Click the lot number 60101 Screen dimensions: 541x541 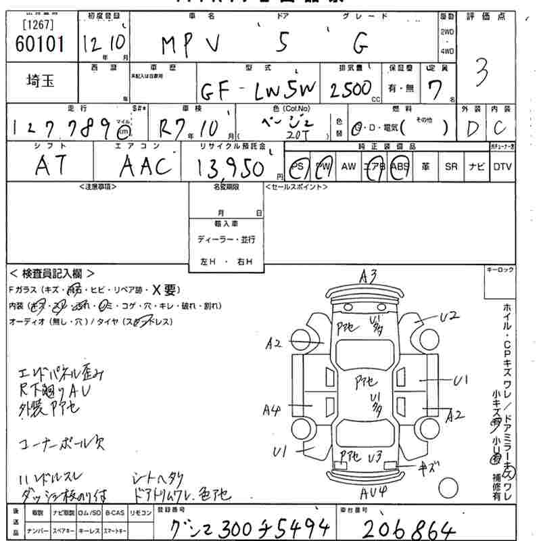39,44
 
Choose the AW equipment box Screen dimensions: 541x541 348,166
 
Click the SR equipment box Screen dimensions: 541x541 451,166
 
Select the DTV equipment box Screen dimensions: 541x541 502,166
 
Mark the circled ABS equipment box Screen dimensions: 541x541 400,166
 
